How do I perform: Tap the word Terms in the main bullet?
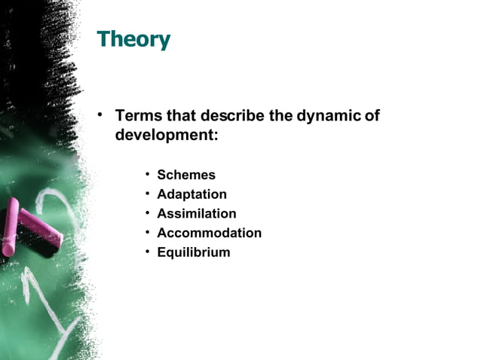(x=137, y=117)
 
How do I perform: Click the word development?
(x=167, y=136)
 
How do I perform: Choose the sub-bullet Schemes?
(x=186, y=175)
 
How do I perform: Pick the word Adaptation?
(x=191, y=194)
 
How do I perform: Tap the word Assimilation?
(x=196, y=214)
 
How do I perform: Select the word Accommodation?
(x=209, y=233)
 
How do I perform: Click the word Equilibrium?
(x=193, y=253)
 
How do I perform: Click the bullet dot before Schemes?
(x=148, y=175)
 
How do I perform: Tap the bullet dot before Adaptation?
(x=148, y=194)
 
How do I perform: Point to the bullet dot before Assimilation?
(x=148, y=214)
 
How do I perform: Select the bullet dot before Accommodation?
(x=148, y=233)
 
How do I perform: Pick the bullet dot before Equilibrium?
(x=148, y=252)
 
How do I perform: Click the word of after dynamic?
(x=372, y=117)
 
